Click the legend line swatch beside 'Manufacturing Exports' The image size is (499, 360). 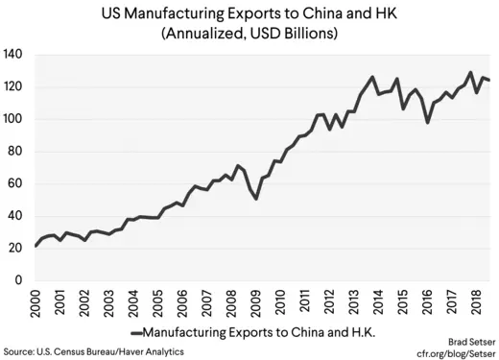click(x=136, y=333)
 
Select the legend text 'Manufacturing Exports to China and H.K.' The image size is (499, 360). click(x=255, y=333)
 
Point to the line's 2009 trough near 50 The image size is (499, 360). click(x=257, y=199)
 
